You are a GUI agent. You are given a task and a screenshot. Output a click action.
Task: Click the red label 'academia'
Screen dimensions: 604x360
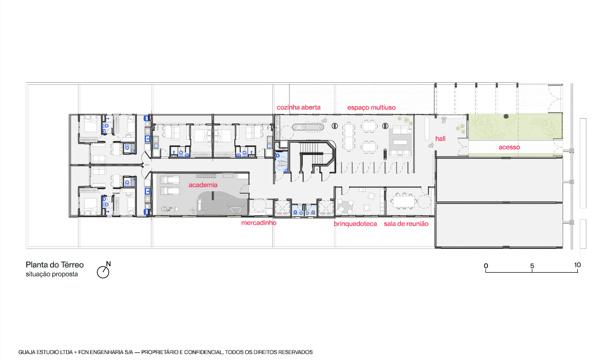[x=203, y=185]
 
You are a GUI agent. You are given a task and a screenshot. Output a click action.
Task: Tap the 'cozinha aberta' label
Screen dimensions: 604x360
[x=299, y=108]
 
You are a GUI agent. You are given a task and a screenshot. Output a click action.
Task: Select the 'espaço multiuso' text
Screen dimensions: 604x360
[x=371, y=108]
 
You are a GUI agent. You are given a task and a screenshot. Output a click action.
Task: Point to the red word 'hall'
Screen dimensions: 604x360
[x=441, y=138]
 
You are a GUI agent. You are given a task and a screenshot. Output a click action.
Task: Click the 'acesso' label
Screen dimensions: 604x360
[x=509, y=147]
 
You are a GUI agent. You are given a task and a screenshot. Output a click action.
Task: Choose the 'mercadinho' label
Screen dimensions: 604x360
[x=259, y=223]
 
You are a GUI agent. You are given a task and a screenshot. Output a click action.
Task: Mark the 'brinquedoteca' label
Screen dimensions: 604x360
[x=355, y=224]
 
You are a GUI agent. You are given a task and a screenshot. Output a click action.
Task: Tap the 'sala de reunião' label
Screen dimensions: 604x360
[x=406, y=224]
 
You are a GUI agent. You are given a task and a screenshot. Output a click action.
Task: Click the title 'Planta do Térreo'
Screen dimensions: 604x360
[x=54, y=265]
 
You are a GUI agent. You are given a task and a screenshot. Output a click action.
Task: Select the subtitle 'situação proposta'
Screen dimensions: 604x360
[x=51, y=274]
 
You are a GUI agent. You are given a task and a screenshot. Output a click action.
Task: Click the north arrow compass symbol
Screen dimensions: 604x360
[x=103, y=272]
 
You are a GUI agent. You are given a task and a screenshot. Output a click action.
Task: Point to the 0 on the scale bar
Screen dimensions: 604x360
[x=486, y=266]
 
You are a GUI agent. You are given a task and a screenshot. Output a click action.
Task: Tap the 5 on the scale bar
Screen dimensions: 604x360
[x=532, y=266]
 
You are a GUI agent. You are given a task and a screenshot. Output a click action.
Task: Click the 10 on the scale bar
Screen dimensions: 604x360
[x=577, y=265]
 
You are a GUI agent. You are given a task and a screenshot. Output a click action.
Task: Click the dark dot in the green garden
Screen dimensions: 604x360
[x=506, y=116]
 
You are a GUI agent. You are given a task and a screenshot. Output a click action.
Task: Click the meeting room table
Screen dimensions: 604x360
[x=404, y=201]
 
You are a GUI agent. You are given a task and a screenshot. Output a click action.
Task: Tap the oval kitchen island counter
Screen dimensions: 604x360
[x=308, y=126]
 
